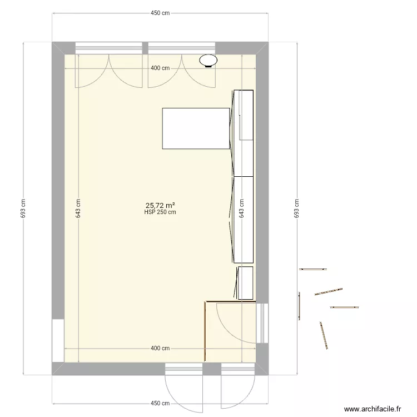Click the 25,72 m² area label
[161, 205]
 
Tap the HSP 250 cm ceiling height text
[161, 212]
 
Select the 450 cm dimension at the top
[161, 14]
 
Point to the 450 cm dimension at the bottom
[161, 403]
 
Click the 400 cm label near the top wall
[160, 68]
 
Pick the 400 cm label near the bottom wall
[160, 349]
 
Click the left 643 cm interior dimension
[78, 209]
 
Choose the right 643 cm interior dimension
[241, 209]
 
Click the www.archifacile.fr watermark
[373, 409]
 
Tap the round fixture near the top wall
[209, 59]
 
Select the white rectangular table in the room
[196, 128]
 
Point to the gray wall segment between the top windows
[145, 48]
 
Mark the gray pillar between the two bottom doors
[211, 369]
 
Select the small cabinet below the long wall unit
[246, 283]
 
